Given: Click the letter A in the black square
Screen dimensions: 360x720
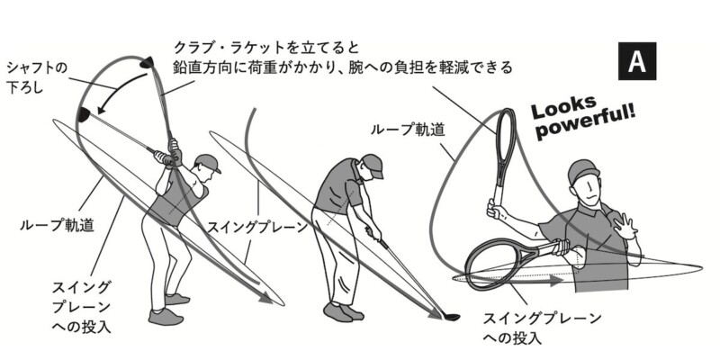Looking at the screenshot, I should click(x=636, y=62).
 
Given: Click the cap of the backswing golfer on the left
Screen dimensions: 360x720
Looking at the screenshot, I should click(x=207, y=164).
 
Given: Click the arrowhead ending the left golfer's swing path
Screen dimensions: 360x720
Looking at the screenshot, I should click(x=265, y=297).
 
